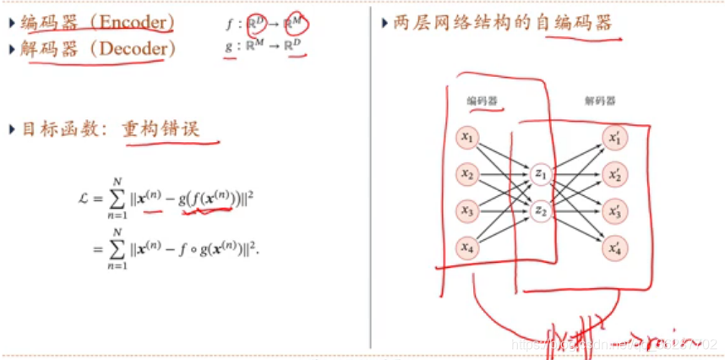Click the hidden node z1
click(x=540, y=174)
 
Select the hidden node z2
click(x=540, y=210)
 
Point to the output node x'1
click(x=614, y=137)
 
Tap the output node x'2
click(x=614, y=174)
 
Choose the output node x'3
click(x=614, y=210)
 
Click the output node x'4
click(x=614, y=248)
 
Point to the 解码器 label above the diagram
click(x=598, y=101)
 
